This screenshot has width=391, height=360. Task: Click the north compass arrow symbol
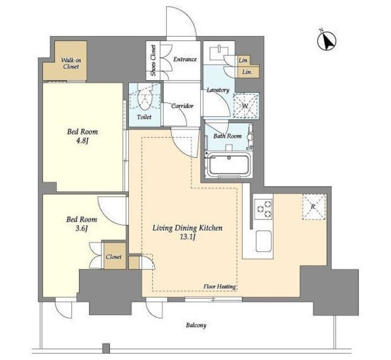pyautogui.click(x=327, y=41)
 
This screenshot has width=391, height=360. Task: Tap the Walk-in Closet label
pyautogui.click(x=71, y=64)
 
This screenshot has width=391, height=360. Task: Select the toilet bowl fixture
pyautogui.click(x=144, y=100)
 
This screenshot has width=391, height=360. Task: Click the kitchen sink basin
pyautogui.click(x=263, y=241)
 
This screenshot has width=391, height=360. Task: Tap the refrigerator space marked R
pyautogui.click(x=313, y=207)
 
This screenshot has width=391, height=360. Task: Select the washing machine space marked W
pyautogui.click(x=246, y=106)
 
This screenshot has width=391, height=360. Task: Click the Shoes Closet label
pyautogui.click(x=153, y=61)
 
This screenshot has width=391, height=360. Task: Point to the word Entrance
pyautogui.click(x=185, y=59)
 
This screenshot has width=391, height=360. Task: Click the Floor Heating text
pyautogui.click(x=220, y=287)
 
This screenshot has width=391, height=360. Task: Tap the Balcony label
pyautogui.click(x=196, y=325)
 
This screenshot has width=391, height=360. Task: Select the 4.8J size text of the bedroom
pyautogui.click(x=82, y=141)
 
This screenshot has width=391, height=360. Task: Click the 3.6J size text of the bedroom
pyautogui.click(x=82, y=229)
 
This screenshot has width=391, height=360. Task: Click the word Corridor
pyautogui.click(x=182, y=106)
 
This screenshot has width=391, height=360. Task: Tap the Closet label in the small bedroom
pyautogui.click(x=114, y=257)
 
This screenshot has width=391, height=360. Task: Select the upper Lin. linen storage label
pyautogui.click(x=244, y=60)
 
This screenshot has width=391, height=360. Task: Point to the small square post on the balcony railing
pyautogui.click(x=106, y=348)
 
